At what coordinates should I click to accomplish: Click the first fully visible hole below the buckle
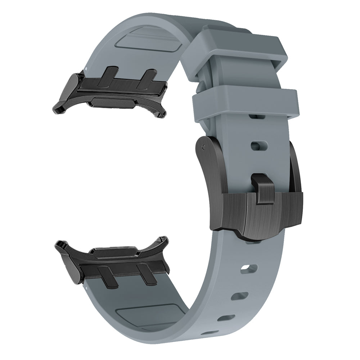pyautogui.click(x=251, y=268)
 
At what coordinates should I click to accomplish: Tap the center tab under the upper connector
pyautogui.click(x=112, y=102)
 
